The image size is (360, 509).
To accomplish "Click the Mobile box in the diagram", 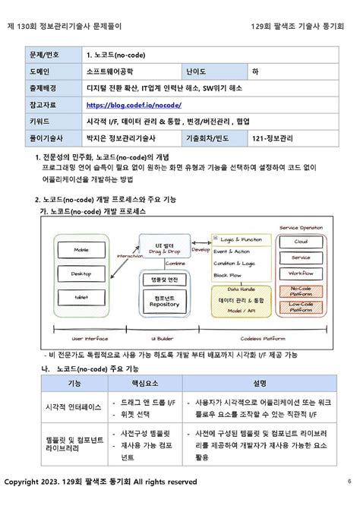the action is (x=81, y=249).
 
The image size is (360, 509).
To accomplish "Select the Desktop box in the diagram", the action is (x=81, y=273).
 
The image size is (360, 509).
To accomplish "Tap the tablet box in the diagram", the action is (x=81, y=297).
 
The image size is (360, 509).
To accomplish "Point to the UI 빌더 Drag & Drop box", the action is (x=164, y=248).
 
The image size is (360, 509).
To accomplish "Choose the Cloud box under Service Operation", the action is (x=300, y=242).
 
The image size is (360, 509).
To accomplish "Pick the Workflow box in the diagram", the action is (x=300, y=273).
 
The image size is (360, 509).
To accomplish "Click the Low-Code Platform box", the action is (x=301, y=307).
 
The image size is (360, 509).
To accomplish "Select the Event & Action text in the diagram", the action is (x=232, y=251).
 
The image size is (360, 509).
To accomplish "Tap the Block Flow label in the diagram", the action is (x=229, y=274).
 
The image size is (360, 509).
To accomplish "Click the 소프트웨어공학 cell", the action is (x=114, y=71).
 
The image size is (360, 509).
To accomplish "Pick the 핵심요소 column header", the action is (x=141, y=383).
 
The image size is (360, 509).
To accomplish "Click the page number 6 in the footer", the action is (x=349, y=481).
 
